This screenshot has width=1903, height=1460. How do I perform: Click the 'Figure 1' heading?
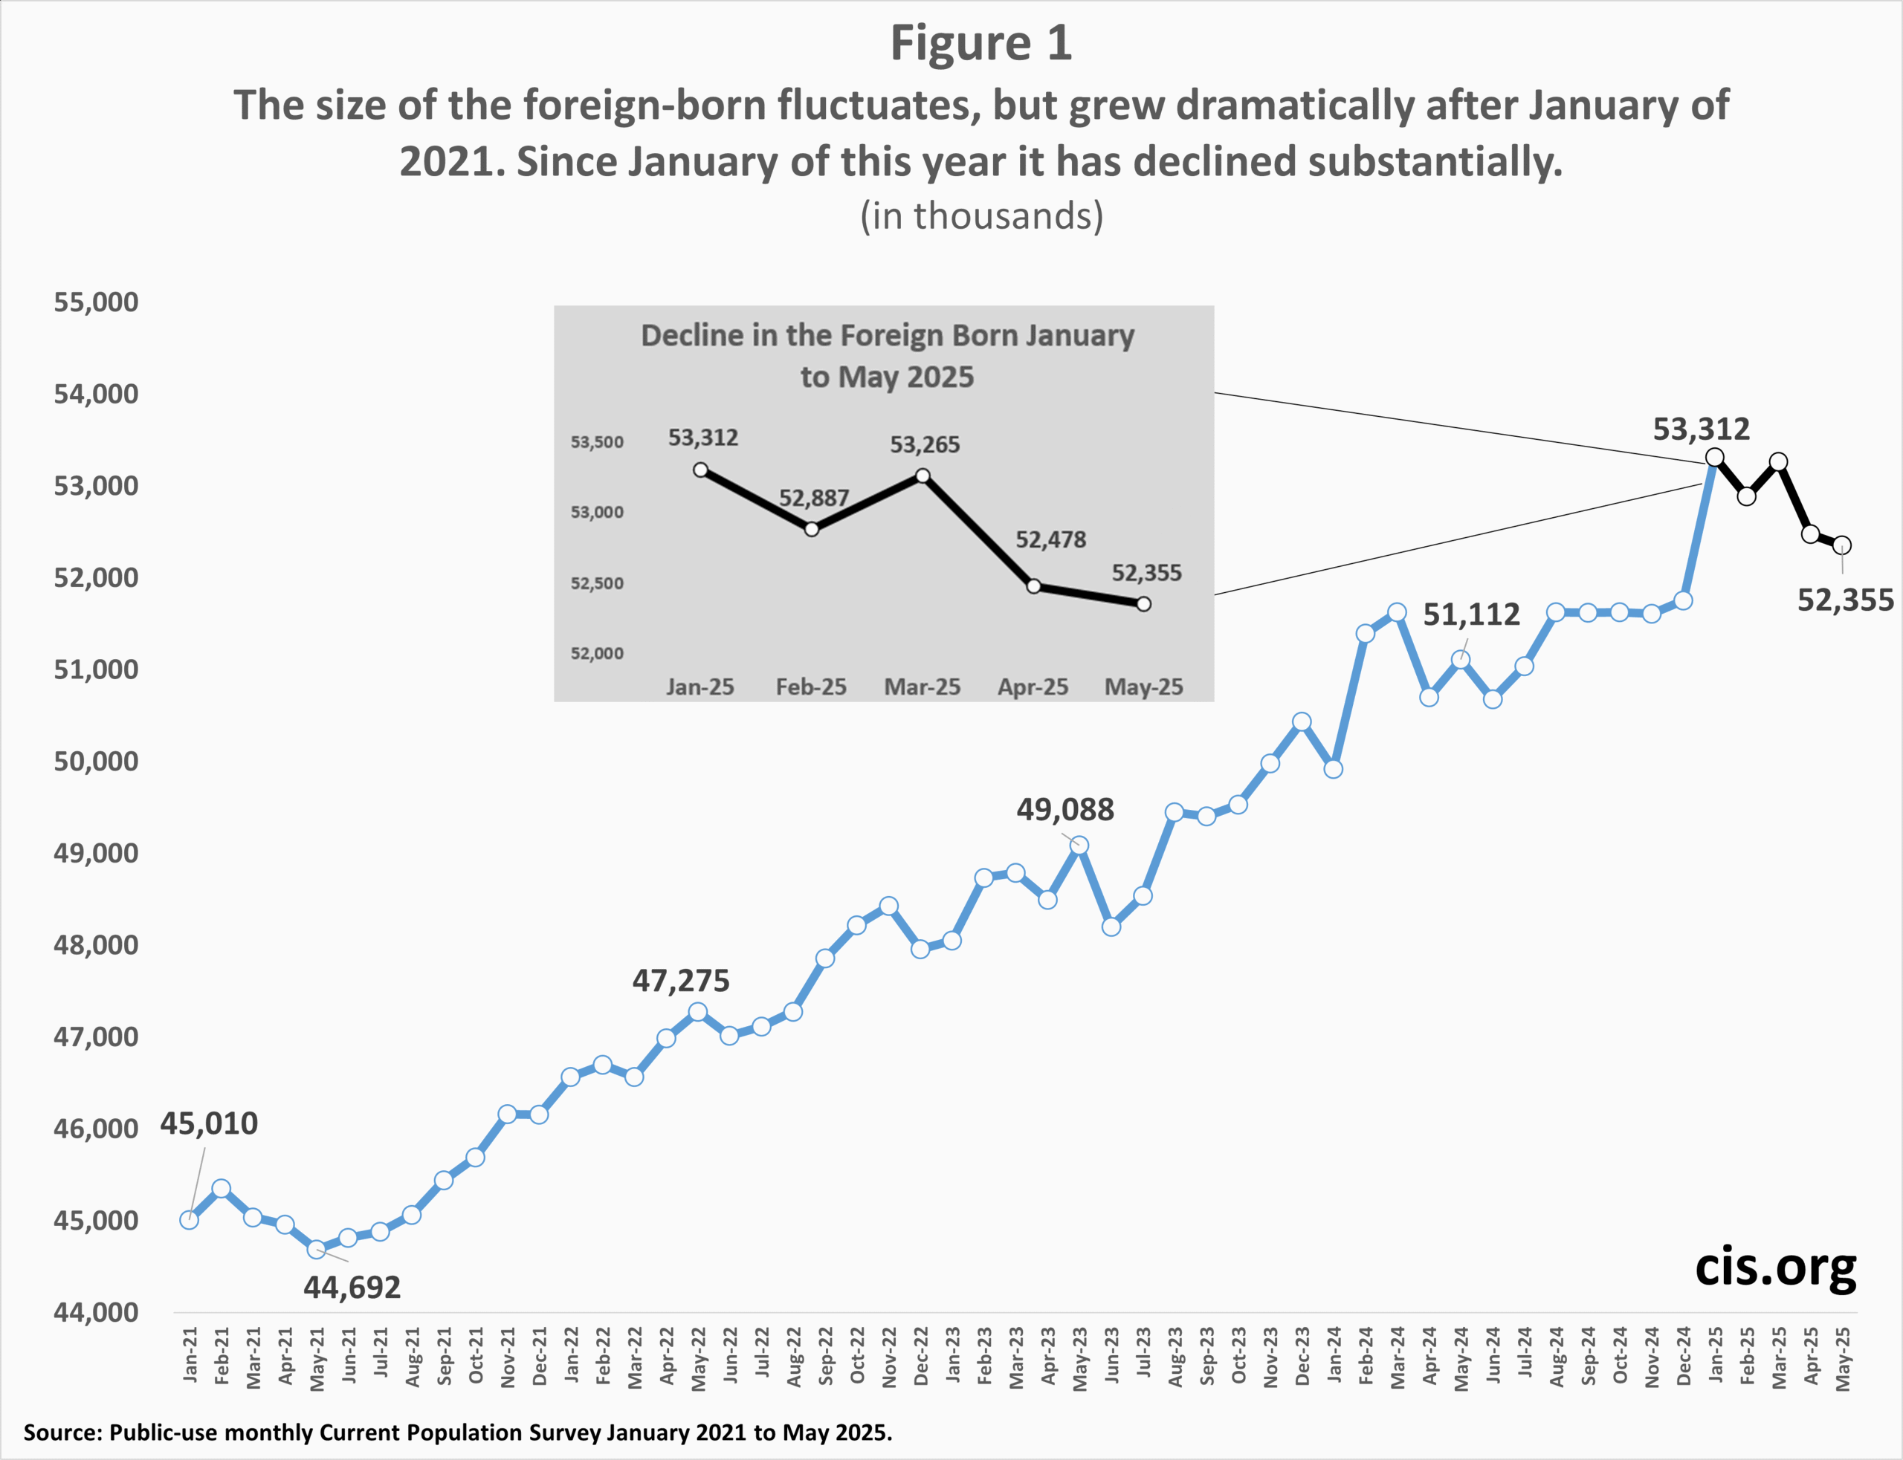coord(980,43)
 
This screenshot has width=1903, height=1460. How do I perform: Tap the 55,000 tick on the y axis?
coord(97,302)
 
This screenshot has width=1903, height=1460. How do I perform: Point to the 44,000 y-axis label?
coord(97,1312)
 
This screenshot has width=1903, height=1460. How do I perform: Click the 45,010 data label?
coord(209,1123)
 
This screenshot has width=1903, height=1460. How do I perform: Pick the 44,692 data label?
coord(352,1287)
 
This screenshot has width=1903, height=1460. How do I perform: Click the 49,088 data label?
coord(1065,810)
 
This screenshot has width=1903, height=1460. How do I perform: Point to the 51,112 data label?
coord(1471,615)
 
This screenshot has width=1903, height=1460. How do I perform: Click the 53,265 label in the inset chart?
coord(925,445)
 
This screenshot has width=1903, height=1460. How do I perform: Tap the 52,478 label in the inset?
coord(1051,539)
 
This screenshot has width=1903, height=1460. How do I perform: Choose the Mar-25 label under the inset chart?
coord(923,687)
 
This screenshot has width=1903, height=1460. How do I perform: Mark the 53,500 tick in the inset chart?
coord(597,442)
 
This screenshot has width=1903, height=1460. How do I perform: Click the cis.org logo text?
coord(1775,1269)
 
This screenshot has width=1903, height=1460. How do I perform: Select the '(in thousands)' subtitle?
coord(981,215)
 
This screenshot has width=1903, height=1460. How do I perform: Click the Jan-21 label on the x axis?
coord(190,1354)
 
